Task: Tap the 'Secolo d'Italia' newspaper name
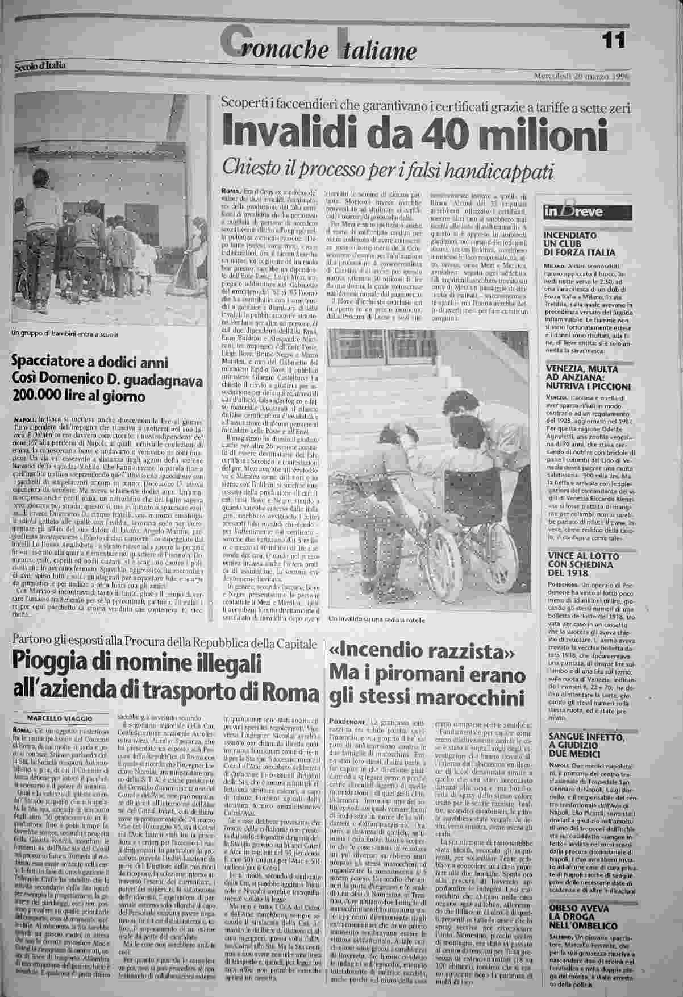pos(40,66)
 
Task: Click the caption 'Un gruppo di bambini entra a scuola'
pos(65,334)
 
